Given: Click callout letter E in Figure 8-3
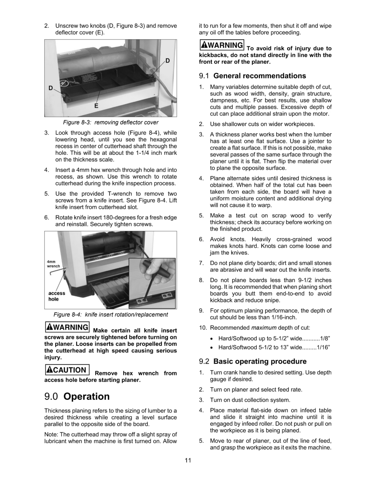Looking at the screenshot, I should tap(96, 105).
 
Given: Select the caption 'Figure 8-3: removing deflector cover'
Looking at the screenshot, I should tap(110, 122).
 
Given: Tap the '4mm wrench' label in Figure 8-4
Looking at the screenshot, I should tap(53, 264).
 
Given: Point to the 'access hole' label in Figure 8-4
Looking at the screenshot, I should tap(57, 296).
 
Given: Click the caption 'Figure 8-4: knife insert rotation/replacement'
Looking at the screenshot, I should tap(111, 315).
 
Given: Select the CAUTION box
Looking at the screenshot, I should tap(67, 369).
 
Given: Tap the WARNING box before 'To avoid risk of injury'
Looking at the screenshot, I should tap(221, 45).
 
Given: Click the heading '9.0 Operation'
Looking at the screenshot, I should tap(77, 396).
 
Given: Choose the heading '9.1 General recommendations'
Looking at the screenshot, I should tap(252, 76).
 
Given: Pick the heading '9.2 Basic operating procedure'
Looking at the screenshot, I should tap(253, 361).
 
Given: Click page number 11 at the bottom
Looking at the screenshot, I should tap(188, 460).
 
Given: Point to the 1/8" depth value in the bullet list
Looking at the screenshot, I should tap(325, 337).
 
